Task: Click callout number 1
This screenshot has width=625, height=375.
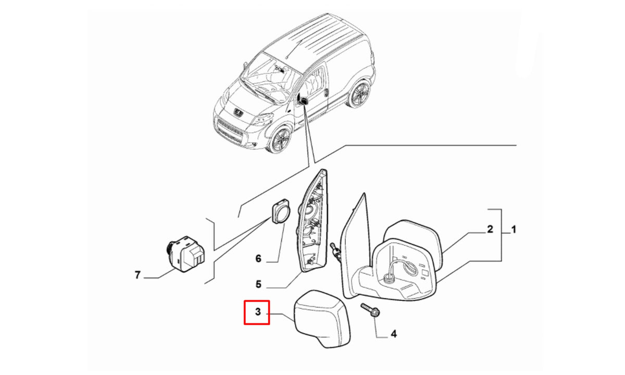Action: point(514,230)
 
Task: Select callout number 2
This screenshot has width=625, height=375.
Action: point(490,229)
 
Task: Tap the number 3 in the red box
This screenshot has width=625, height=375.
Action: point(258,311)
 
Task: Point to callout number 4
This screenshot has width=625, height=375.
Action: point(393,334)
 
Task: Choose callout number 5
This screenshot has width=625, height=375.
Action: point(258,284)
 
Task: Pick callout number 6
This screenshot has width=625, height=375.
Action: point(258,259)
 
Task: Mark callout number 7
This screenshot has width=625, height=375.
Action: point(137,275)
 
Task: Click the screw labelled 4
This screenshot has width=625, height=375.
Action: point(369,310)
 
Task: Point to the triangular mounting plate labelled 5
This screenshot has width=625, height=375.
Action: point(312,220)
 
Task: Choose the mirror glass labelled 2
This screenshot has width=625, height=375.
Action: point(413,245)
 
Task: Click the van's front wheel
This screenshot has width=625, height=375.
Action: point(279,140)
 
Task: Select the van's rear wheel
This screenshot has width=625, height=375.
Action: point(360,93)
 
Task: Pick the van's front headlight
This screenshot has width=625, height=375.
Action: point(262,119)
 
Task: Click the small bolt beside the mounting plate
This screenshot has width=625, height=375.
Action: point(335,252)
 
